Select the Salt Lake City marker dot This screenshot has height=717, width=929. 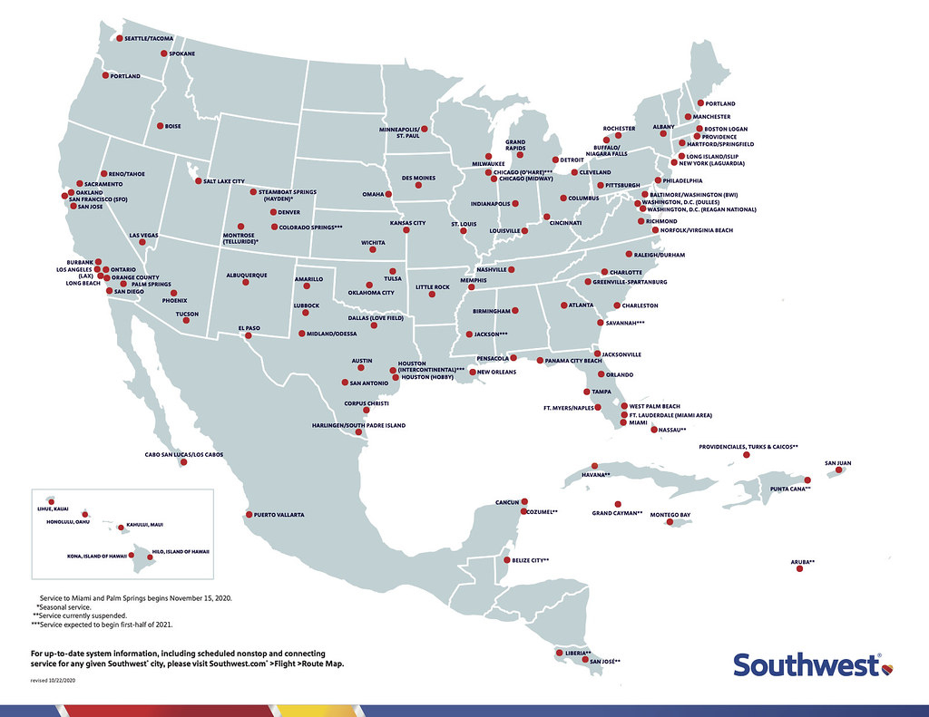click(198, 180)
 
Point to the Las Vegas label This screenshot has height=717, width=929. click(143, 236)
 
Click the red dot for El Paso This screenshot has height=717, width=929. click(249, 335)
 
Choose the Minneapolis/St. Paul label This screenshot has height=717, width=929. click(404, 133)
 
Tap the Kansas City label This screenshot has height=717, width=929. click(407, 223)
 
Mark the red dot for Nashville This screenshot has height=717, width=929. click(512, 270)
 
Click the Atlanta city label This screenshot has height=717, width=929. click(581, 305)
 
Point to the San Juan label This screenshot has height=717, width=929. click(837, 463)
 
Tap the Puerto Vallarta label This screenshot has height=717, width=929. click(279, 515)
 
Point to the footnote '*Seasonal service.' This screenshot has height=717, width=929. click(70, 606)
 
